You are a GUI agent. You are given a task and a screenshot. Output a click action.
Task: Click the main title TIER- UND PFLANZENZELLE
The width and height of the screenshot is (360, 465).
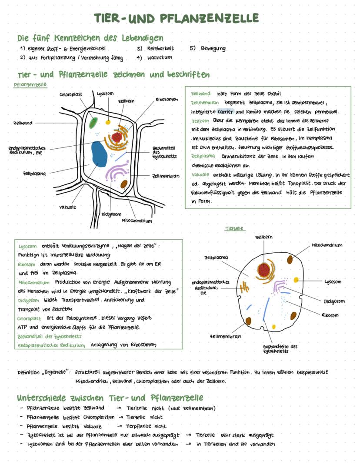(176, 18)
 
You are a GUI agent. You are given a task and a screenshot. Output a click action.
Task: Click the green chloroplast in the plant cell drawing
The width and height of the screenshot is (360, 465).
(93, 123)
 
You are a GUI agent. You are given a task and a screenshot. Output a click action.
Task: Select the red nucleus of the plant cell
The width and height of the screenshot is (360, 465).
(117, 137)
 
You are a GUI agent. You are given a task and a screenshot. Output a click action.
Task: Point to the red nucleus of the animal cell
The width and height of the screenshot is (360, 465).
(263, 270)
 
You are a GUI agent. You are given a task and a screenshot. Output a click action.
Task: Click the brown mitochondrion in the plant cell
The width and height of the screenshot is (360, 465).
(124, 184)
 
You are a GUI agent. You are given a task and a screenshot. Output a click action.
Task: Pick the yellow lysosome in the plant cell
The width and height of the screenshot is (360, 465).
(108, 122)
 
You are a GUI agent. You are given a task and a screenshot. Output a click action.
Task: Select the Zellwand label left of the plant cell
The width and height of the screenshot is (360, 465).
(23, 123)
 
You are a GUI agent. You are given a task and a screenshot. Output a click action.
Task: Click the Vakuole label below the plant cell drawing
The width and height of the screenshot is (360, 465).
(67, 207)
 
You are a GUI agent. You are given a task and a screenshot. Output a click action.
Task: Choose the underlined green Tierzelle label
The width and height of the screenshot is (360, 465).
(235, 229)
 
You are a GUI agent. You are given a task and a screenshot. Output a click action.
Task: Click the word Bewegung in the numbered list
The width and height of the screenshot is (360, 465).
(213, 48)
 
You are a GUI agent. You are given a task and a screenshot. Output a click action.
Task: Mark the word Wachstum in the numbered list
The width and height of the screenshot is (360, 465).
(160, 57)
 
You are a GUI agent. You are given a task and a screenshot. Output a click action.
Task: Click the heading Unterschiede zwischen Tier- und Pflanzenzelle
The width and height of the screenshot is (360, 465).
(110, 398)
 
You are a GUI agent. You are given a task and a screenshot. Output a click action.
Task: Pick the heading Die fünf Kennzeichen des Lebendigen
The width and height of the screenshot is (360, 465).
(90, 38)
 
